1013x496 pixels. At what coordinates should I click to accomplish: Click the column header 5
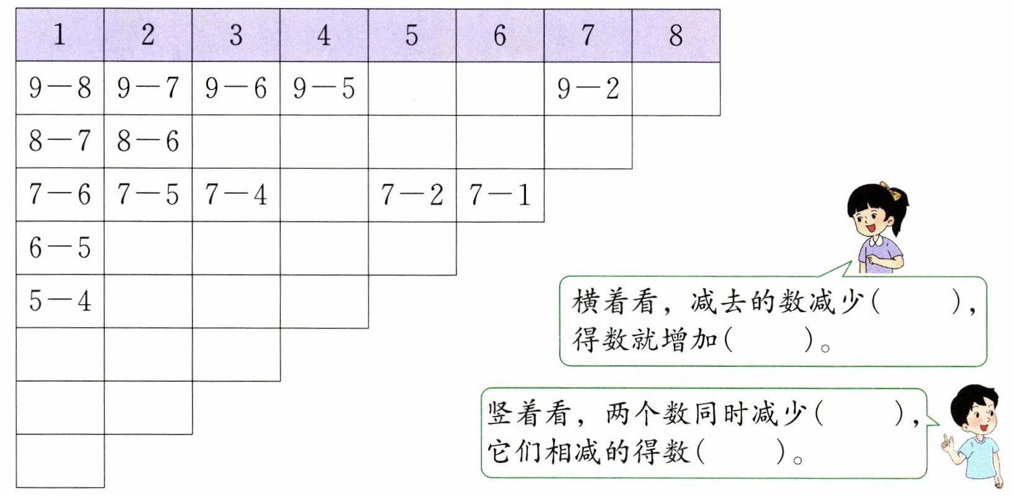coord(412,35)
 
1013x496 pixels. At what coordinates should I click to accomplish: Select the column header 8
coord(676,35)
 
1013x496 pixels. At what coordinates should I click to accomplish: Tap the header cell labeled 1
coord(60,35)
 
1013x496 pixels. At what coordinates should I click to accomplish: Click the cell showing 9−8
coord(60,88)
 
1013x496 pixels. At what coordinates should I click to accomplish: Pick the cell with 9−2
coord(588,88)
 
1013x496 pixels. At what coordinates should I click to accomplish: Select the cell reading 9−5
coord(324,88)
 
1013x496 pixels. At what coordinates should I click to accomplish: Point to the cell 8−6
coord(148,142)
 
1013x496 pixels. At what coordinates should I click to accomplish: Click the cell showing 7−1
coord(500,195)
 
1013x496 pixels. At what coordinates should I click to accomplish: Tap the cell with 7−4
coord(236,195)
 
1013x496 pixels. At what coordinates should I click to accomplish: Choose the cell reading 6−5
coord(60,248)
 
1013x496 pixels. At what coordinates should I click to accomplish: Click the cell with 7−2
coord(412,195)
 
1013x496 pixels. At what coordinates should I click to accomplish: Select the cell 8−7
coord(60,142)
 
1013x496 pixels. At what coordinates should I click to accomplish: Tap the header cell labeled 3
coord(236,35)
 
